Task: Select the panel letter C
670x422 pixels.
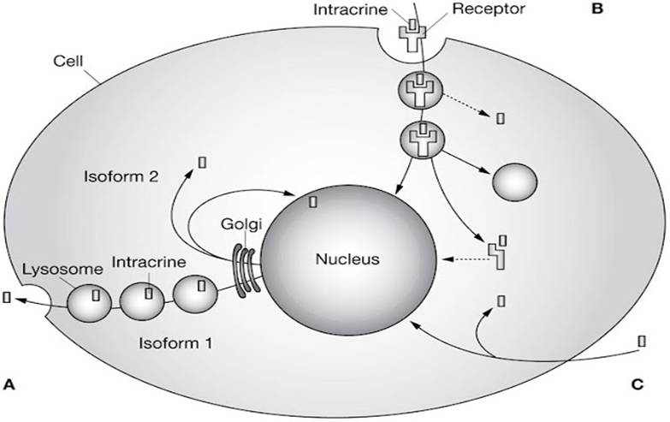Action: tap(637, 383)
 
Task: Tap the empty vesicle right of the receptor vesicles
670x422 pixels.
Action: tap(513, 181)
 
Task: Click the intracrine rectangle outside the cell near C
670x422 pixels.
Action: tap(641, 342)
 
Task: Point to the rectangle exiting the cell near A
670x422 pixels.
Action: tap(8, 297)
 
